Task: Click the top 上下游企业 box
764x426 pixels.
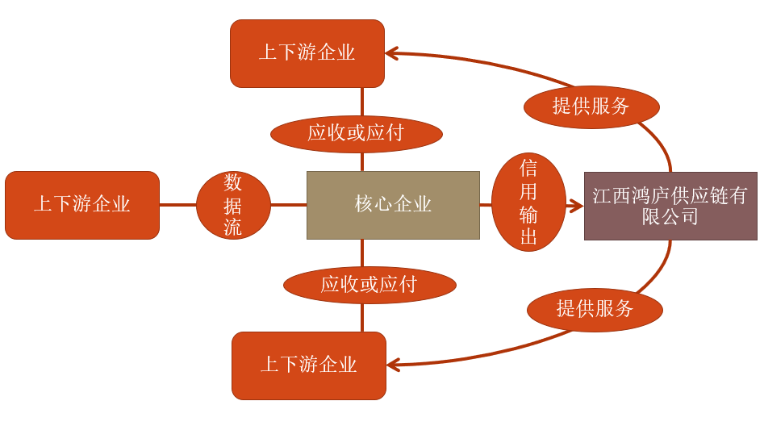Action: coord(307,53)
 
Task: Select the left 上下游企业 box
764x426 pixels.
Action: coord(82,205)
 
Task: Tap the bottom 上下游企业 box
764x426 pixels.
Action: coord(309,365)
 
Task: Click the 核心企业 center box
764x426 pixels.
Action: coord(393,205)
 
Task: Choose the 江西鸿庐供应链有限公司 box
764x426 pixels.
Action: coord(670,206)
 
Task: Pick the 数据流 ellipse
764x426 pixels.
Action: coord(233,205)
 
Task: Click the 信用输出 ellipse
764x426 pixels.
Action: coord(528,203)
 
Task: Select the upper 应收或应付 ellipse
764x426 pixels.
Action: coord(356,134)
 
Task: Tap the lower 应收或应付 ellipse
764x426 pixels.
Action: coord(369,285)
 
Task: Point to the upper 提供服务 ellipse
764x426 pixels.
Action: coord(591,106)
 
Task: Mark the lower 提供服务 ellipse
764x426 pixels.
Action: coord(595,310)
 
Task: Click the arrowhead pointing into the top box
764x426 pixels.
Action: coord(391,53)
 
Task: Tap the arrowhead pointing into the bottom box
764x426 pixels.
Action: coord(393,365)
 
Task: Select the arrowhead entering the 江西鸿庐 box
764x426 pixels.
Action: coord(576,207)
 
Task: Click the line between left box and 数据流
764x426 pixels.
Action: coord(177,205)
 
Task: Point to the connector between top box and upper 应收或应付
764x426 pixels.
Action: coord(361,101)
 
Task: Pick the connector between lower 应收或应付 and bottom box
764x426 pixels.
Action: coord(362,317)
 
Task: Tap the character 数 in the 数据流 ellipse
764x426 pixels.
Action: coord(233,182)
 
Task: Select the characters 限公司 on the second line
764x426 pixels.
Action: coord(670,217)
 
